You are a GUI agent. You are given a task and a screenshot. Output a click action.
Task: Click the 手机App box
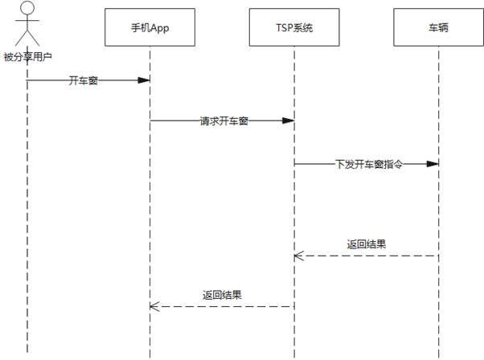point(150,27)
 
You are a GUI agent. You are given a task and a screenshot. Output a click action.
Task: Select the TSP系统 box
point(293,27)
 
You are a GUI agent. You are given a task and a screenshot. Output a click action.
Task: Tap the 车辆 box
point(438,27)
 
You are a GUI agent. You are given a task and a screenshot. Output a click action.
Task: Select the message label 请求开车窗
point(224,121)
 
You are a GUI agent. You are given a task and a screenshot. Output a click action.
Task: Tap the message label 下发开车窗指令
point(367,163)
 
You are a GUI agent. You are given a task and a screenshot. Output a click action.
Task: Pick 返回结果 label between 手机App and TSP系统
point(223,294)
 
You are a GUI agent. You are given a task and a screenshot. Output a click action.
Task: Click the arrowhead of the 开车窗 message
point(145,80)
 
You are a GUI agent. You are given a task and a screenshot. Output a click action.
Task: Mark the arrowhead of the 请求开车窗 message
point(288,121)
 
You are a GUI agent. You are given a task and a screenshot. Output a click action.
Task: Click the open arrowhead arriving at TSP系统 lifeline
point(298,256)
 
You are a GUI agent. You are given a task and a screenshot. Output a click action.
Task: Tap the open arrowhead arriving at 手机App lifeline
point(155,306)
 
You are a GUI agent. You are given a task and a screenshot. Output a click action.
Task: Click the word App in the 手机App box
point(160,27)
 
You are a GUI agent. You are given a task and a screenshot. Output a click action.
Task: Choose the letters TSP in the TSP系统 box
point(283,27)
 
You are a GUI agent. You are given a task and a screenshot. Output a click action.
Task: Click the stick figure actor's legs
point(27,39)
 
